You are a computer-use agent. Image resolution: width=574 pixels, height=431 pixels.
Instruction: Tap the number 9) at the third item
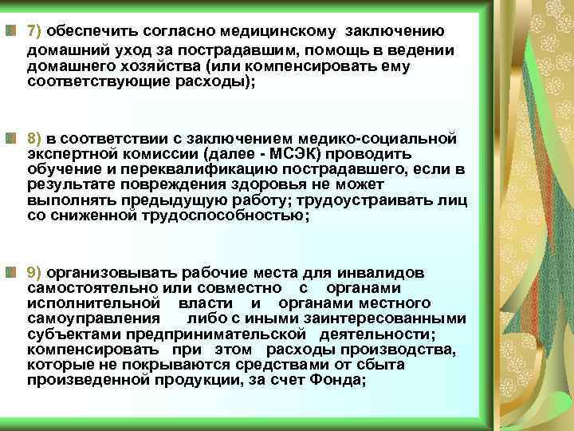click(x=36, y=272)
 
